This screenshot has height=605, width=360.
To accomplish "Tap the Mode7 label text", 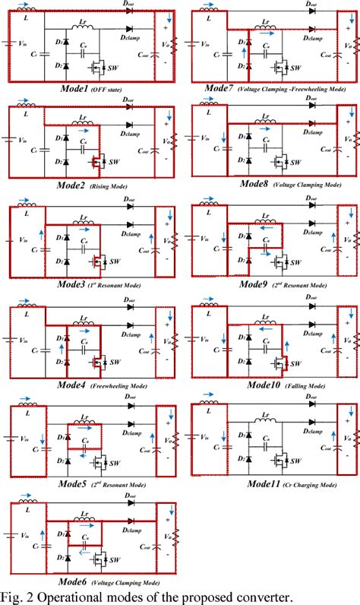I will pyautogui.click(x=221, y=89).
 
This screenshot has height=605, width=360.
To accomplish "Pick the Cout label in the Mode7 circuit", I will pyautogui.click(x=314, y=53).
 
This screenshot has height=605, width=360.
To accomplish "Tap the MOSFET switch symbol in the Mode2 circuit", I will pyautogui.click(x=97, y=163).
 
